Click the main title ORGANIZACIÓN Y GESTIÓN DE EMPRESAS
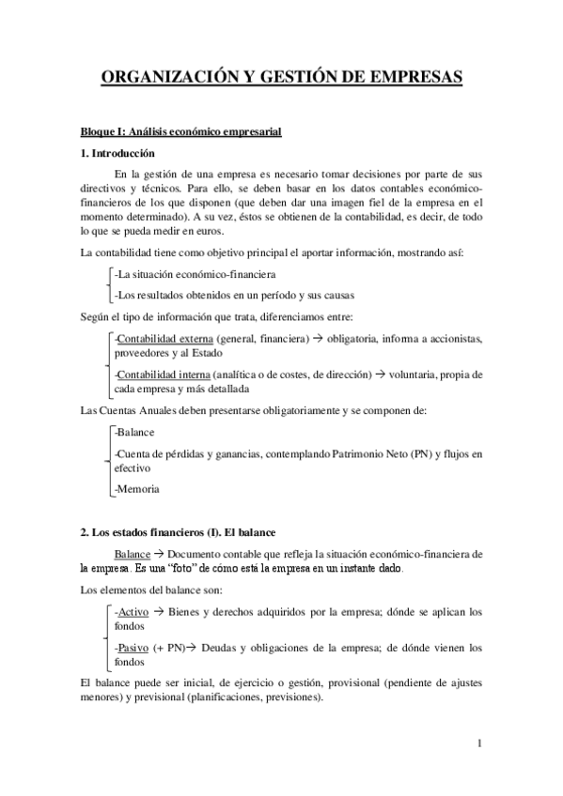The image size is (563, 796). (x=282, y=77)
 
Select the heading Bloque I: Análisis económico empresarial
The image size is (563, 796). (x=180, y=131)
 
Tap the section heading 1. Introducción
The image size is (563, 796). (x=117, y=153)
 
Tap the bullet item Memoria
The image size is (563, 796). (x=137, y=489)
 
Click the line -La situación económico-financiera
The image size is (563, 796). (x=194, y=274)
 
